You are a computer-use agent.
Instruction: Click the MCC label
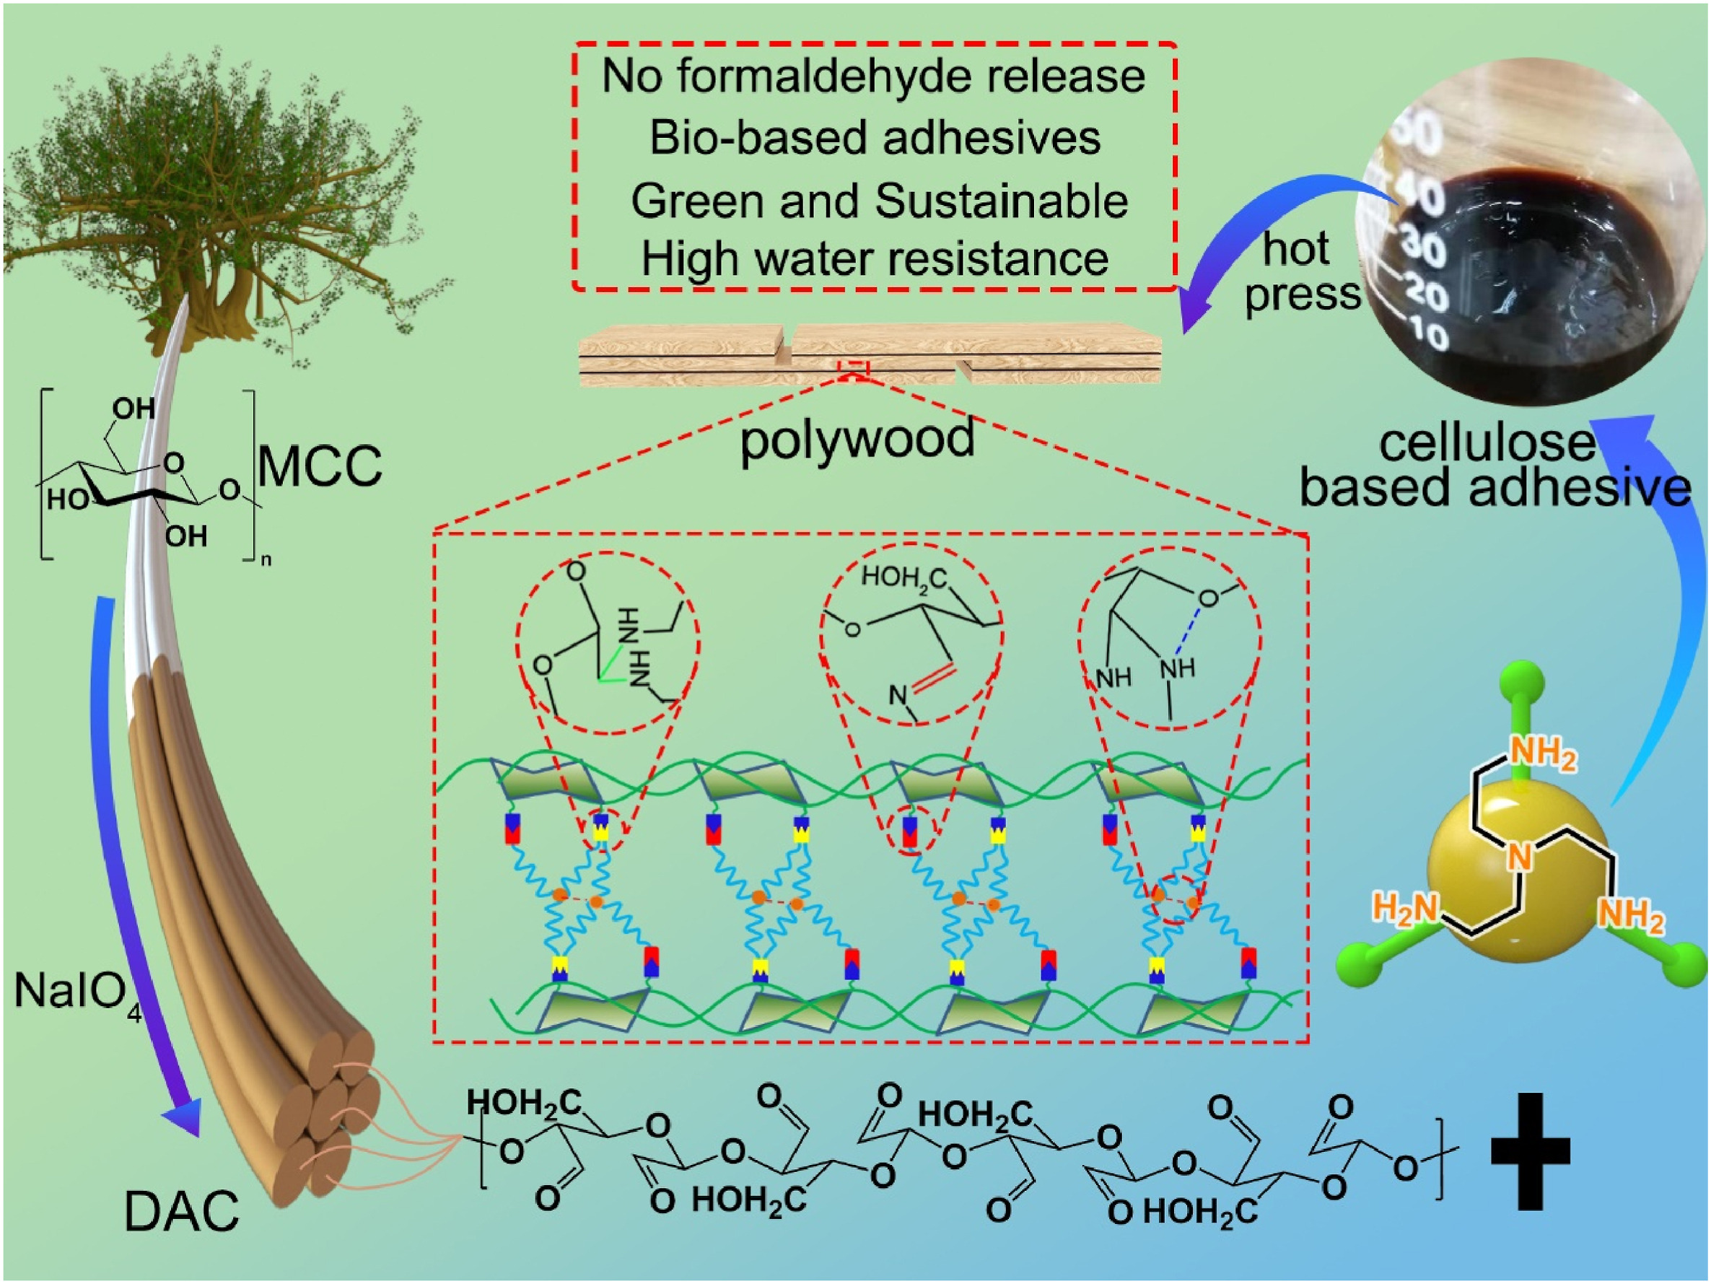[320, 466]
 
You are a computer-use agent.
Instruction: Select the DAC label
[182, 1211]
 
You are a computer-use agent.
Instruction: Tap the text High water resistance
[874, 258]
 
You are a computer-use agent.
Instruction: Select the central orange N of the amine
[1519, 857]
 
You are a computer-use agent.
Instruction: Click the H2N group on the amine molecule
[1404, 909]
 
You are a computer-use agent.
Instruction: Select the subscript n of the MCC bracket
[266, 559]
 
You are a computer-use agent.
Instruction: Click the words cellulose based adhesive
[1493, 466]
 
